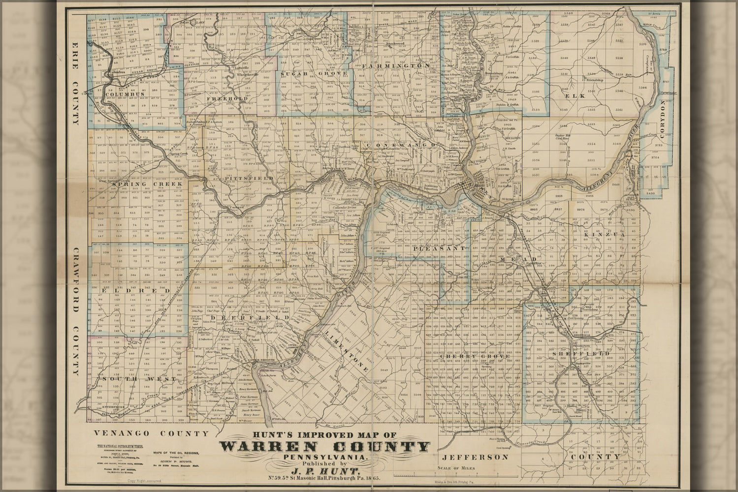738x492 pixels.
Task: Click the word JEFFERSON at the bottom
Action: tap(472, 457)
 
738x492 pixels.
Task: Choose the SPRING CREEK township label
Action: tap(139, 184)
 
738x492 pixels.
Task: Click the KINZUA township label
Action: tap(597, 235)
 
